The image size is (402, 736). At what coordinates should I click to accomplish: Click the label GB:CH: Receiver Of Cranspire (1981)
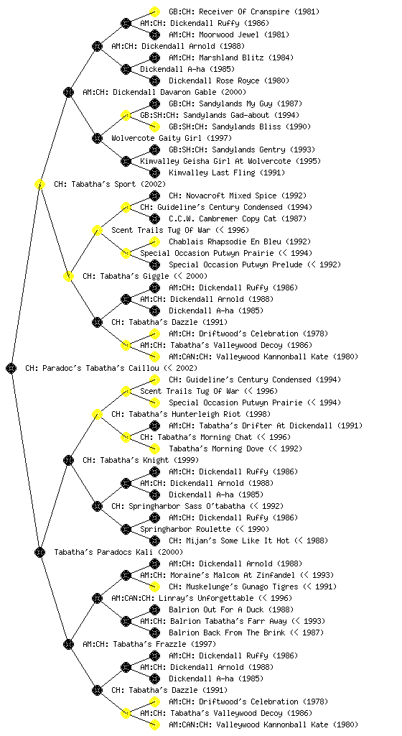[x=238, y=11]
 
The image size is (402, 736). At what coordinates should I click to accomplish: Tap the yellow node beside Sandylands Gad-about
[x=126, y=115]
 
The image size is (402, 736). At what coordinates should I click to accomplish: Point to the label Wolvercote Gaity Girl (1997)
[x=172, y=138]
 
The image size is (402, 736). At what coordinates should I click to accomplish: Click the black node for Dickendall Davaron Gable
[x=68, y=92]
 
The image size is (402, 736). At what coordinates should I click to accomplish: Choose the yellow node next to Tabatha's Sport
[x=39, y=184]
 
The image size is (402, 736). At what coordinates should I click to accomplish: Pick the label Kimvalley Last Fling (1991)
[x=227, y=172]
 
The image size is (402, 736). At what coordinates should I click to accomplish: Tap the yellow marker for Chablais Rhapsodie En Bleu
[x=154, y=241]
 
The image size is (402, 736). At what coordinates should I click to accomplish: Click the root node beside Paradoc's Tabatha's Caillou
[x=11, y=368]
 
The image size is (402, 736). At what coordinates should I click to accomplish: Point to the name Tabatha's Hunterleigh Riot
[x=184, y=414]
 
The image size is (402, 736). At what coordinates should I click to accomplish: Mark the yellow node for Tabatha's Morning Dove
[x=154, y=448]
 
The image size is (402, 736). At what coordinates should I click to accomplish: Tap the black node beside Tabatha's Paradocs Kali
[x=39, y=552]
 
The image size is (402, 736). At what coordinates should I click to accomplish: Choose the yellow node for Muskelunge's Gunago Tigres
[x=154, y=586]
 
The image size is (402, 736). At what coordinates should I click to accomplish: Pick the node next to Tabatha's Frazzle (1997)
[x=68, y=644]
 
